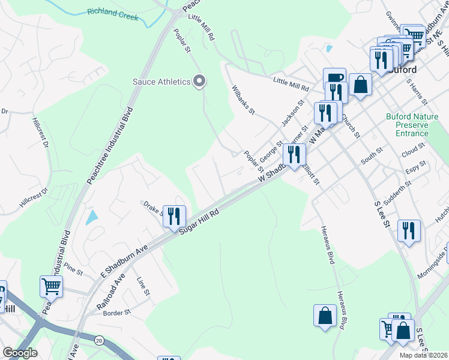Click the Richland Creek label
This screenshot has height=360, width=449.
click(x=112, y=14)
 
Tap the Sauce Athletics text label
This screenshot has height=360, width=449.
click(x=161, y=82)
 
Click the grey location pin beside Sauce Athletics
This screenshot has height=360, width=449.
click(x=200, y=81)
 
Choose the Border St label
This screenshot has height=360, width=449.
click(x=116, y=313)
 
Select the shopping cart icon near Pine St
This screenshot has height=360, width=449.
click(x=52, y=286)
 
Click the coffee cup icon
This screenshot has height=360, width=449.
click(x=334, y=78)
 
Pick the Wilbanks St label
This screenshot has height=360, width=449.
click(x=244, y=100)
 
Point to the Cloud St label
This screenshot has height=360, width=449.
click(x=414, y=152)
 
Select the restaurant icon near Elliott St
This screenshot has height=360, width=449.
click(x=294, y=155)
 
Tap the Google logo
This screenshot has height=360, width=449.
click(x=19, y=353)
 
